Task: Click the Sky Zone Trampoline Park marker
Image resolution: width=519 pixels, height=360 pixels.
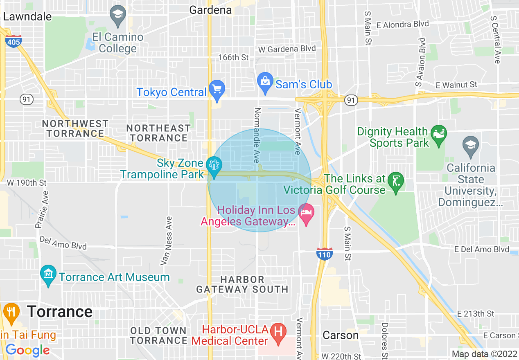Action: click(214, 166)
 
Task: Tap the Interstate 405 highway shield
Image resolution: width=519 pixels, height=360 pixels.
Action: click(13, 41)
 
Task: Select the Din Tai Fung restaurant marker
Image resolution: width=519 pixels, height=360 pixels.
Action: click(11, 312)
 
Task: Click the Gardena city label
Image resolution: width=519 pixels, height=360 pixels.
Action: click(210, 10)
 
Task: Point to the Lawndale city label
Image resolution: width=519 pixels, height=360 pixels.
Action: click(27, 16)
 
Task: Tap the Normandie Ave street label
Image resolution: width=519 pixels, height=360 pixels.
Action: click(257, 135)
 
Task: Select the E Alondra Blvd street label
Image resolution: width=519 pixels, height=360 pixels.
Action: click(403, 25)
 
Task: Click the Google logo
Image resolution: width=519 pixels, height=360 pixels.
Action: click(27, 350)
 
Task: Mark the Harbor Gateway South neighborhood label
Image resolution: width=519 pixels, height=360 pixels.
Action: click(242, 284)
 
